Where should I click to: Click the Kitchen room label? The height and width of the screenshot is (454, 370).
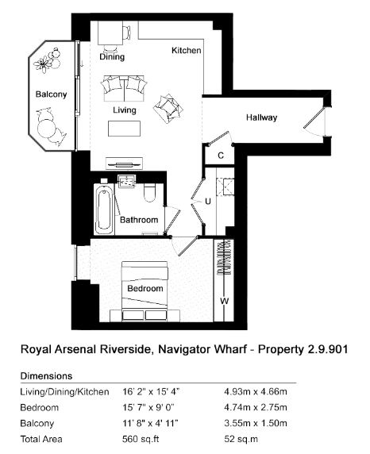[x=187, y=50]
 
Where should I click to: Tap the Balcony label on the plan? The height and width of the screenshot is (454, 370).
[x=51, y=94]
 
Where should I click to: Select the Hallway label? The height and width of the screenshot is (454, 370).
[x=262, y=117]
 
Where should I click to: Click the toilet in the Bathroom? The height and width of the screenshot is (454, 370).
[x=150, y=193]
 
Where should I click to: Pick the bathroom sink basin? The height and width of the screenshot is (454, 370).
[x=126, y=182]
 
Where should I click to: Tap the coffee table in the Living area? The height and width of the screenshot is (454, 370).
[x=125, y=129]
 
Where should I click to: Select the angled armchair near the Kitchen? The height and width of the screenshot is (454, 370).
[x=168, y=108]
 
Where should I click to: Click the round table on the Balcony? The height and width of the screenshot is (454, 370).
[x=46, y=129]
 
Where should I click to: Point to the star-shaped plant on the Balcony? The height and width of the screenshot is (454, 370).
[x=43, y=63]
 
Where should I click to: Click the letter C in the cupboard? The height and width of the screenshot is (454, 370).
[x=221, y=156]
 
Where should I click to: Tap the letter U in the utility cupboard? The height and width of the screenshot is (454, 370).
[x=208, y=201]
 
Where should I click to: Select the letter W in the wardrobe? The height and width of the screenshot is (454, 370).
[x=224, y=301]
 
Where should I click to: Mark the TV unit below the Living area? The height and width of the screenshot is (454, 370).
[x=125, y=164]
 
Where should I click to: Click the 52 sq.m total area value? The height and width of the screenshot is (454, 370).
[x=241, y=439]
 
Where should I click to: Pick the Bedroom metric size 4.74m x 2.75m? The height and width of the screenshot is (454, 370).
[x=256, y=407]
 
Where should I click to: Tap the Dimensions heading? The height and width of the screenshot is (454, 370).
[x=46, y=376]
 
